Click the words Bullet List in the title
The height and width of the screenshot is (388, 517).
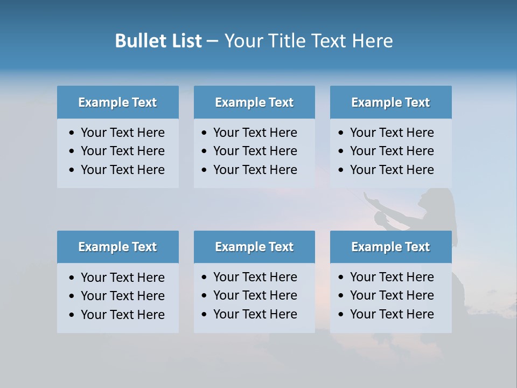158,41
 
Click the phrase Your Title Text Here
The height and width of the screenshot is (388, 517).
308,41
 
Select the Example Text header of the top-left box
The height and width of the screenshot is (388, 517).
117,102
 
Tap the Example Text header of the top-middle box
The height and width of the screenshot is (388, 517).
254,102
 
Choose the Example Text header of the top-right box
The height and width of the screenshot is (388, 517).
390,102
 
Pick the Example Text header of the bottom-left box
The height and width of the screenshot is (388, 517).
117,247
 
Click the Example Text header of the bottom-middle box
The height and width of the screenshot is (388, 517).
254,247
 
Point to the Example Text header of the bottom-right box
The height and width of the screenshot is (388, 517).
390,247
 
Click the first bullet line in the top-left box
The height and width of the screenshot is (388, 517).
122,133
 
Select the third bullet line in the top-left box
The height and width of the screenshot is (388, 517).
122,170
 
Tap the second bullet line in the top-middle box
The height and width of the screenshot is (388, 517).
255,151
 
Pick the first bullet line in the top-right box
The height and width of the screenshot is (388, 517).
392,133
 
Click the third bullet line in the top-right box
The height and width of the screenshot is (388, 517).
392,170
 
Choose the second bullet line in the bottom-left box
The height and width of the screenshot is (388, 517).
122,296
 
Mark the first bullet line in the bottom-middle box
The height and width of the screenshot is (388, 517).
255,277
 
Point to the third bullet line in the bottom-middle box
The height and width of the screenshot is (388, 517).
255,314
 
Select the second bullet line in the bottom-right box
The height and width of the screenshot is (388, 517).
392,295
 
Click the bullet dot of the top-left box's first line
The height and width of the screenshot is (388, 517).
72,133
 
